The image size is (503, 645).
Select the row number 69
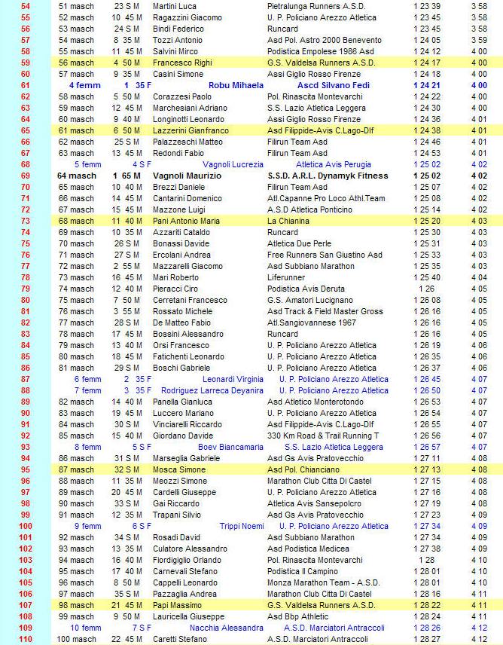pyautogui.click(x=26, y=176)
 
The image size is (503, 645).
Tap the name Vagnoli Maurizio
pyautogui.click(x=187, y=176)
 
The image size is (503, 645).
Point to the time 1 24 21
pyautogui.click(x=427, y=85)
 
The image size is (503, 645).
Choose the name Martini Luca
pyautogui.click(x=175, y=6)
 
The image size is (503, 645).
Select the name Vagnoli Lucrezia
pyautogui.click(x=233, y=164)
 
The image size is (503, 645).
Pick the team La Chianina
pyautogui.click(x=288, y=221)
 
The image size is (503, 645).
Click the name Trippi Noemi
pyautogui.click(x=242, y=526)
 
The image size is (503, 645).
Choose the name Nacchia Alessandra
pyautogui.click(x=227, y=628)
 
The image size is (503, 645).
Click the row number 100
pyautogui.click(x=25, y=526)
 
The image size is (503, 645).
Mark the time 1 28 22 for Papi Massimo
pyautogui.click(x=427, y=605)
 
